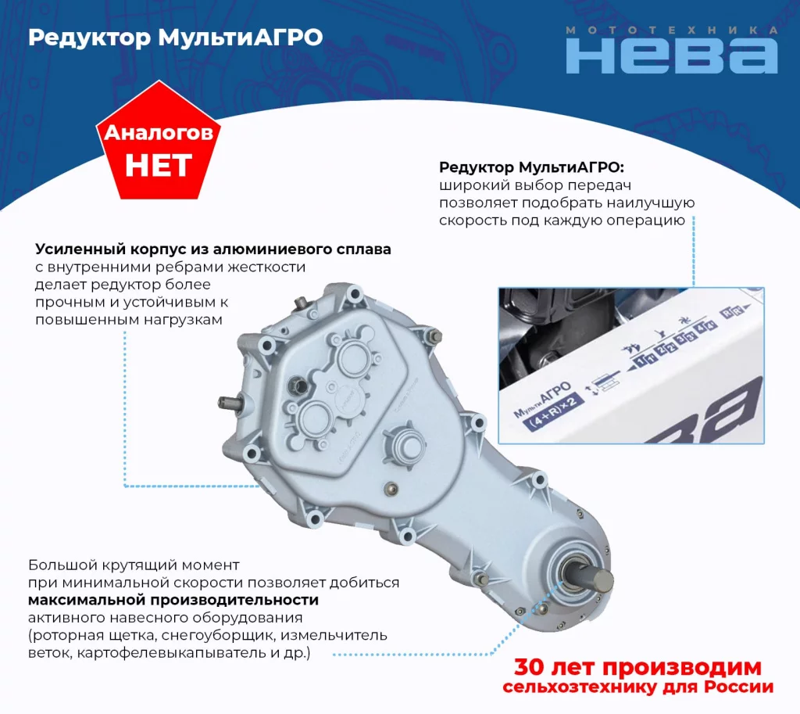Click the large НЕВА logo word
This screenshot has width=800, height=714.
pyautogui.click(x=671, y=56)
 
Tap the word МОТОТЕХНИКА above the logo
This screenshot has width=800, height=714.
pyautogui.click(x=671, y=30)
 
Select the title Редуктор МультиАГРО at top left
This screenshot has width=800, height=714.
pyautogui.click(x=176, y=38)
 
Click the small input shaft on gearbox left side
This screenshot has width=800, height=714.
pyautogui.click(x=229, y=403)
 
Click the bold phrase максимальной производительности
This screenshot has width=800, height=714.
pyautogui.click(x=173, y=600)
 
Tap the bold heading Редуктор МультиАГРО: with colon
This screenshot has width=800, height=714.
pyautogui.click(x=531, y=167)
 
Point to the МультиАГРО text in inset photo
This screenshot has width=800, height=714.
pyautogui.click(x=542, y=400)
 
